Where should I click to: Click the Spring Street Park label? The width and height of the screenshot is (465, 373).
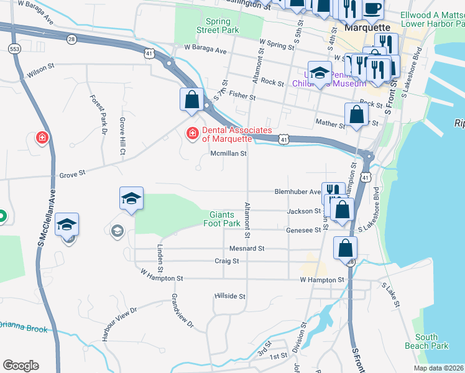coord(218,25)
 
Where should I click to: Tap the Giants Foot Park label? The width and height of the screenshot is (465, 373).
coord(224,218)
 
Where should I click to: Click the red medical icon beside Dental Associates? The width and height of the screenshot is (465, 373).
coord(192,133)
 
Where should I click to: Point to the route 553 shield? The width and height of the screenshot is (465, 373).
coord(14,48)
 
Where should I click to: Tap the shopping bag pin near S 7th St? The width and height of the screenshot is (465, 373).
coord(192,99)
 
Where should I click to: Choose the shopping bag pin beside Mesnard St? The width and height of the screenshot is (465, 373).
coord(345,247)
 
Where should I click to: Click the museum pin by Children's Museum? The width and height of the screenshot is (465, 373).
coord(320,73)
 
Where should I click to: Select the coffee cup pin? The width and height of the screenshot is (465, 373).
coord(372,9)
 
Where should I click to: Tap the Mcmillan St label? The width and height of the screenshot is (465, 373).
coord(229,153)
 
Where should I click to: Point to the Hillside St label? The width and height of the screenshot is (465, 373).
coord(229,296)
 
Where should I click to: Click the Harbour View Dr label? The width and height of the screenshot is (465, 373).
coord(116,323)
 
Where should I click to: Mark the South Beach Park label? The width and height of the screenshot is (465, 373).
coord(430,341)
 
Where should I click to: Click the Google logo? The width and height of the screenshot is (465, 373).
coord(21,365)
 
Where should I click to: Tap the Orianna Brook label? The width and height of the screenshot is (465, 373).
coord(24,326)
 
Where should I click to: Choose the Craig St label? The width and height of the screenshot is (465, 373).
coord(227,261)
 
